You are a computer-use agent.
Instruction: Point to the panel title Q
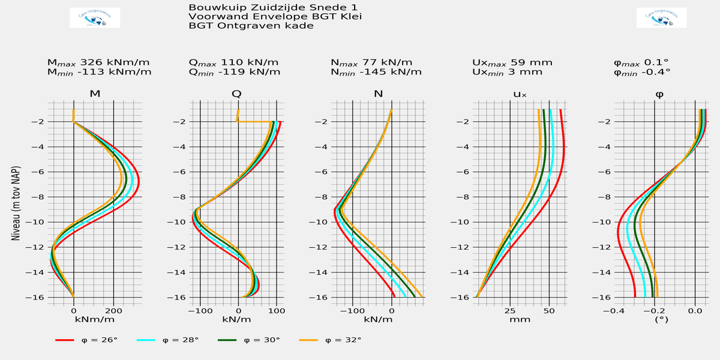click(237, 94)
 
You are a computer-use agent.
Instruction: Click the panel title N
click(378, 94)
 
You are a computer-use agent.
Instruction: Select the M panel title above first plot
click(95, 94)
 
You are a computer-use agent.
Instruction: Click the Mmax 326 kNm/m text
click(98, 62)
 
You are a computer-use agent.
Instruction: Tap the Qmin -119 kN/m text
click(235, 72)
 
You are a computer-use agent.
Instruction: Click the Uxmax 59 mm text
click(512, 62)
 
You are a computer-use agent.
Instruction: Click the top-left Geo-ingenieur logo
click(95, 18)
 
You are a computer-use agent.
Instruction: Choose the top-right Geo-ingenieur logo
click(661, 18)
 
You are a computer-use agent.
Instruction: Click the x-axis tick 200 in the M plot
click(113, 311)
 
